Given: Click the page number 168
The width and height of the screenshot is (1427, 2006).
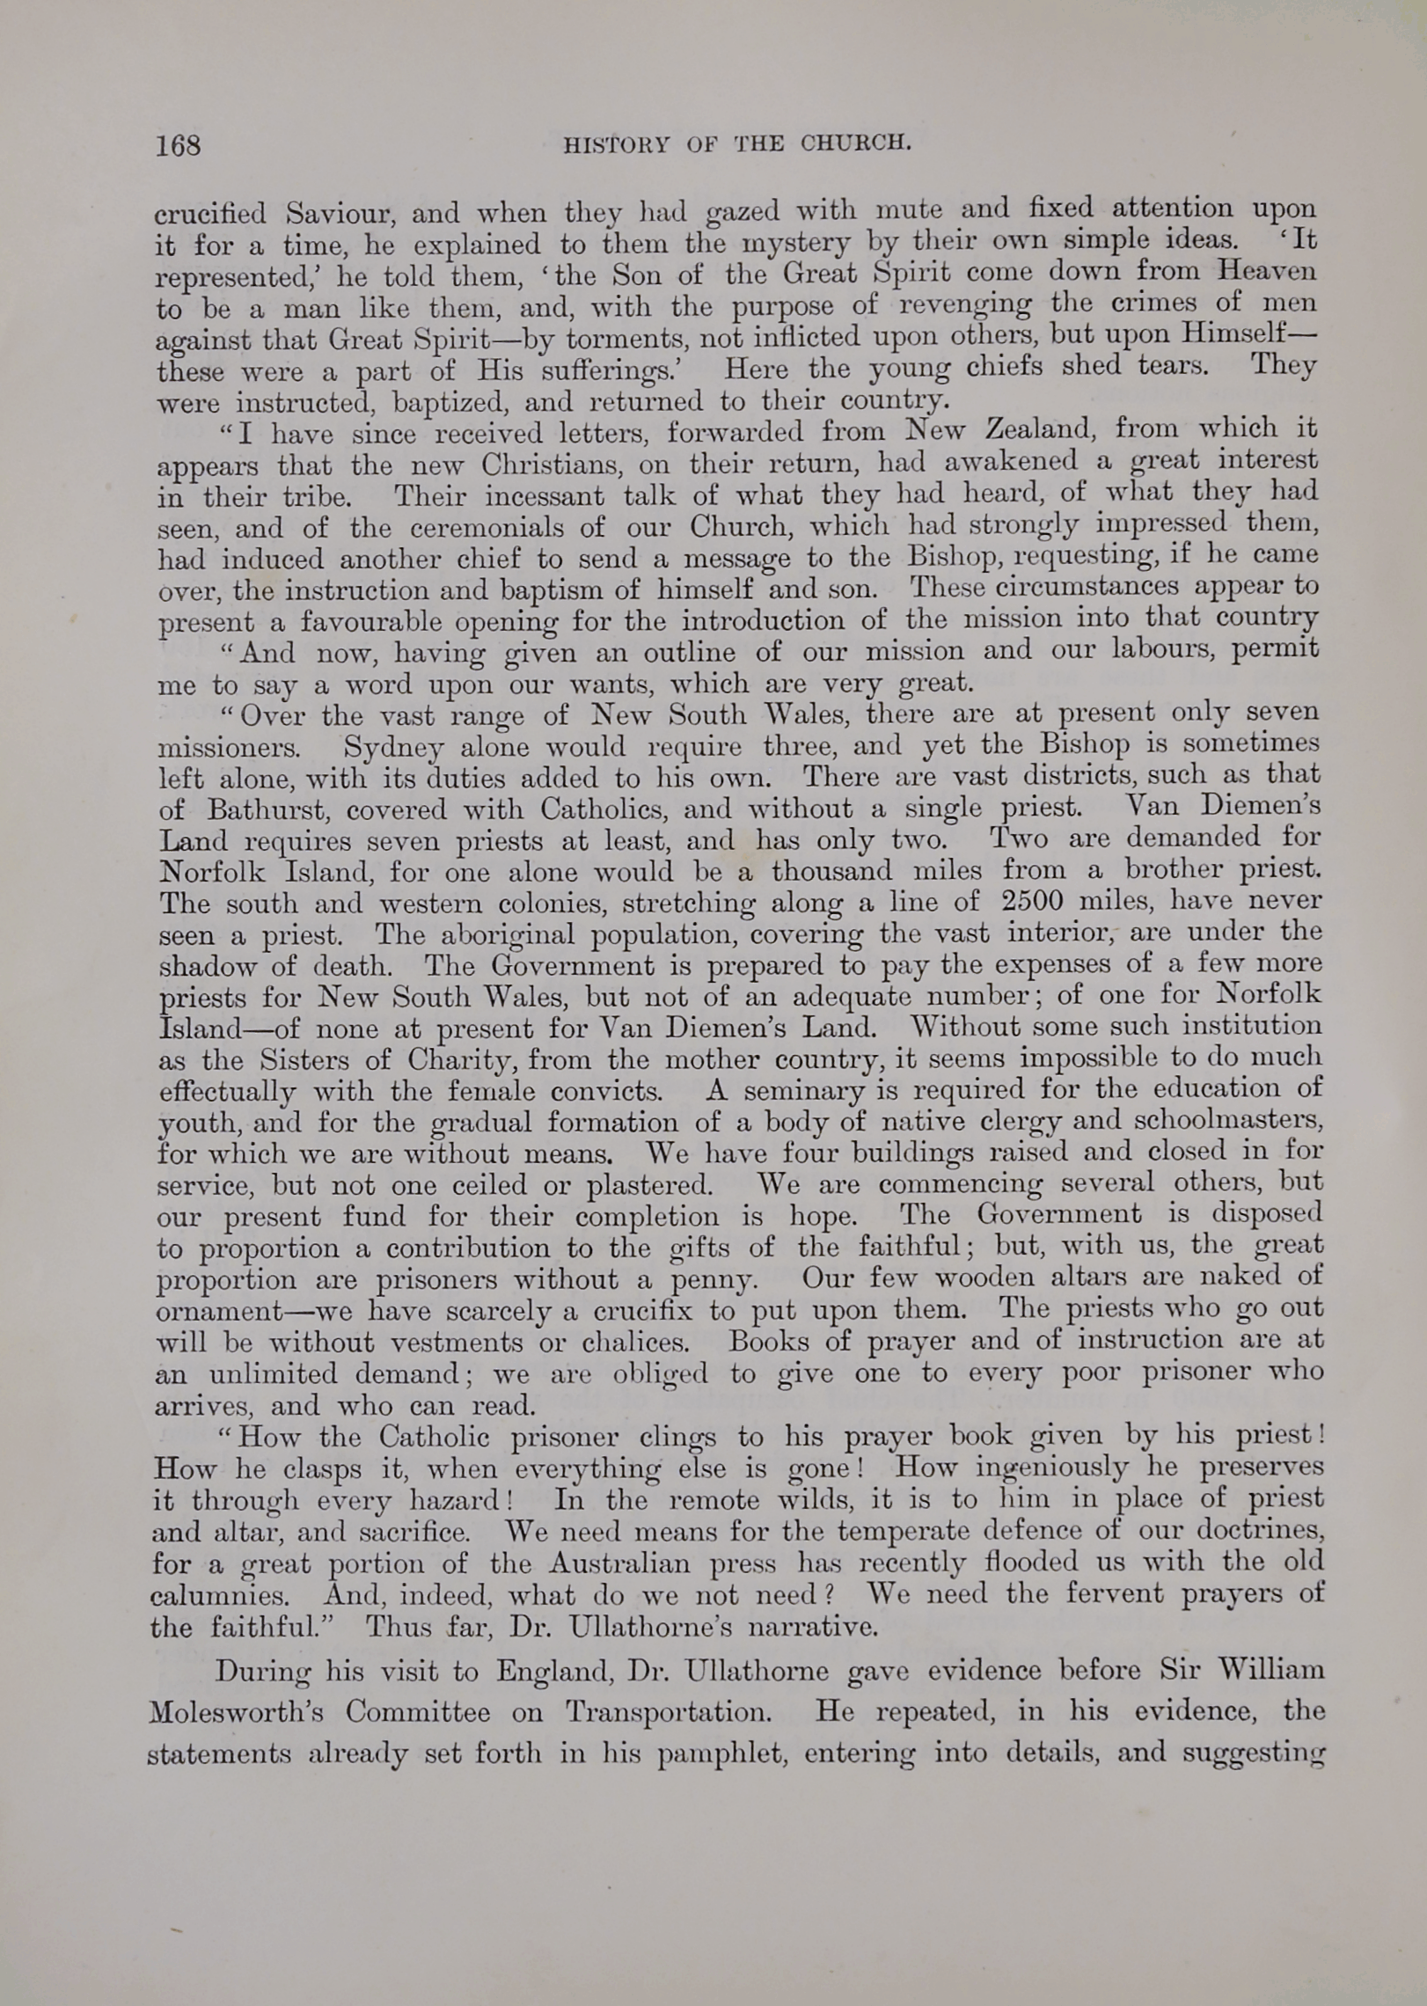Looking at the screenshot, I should tap(178, 144).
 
